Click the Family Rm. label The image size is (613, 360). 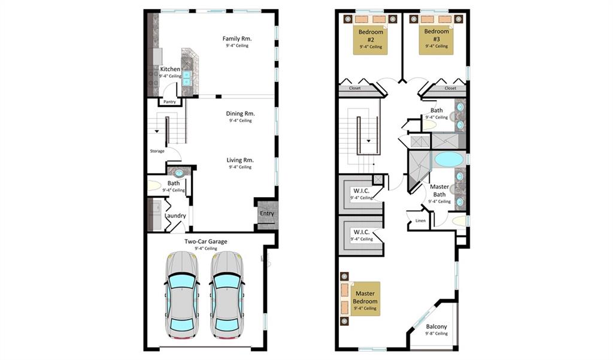pos(237,38)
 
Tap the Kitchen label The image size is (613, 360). pos(170,69)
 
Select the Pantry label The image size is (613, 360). pos(169,102)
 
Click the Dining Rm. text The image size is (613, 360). pos(241,113)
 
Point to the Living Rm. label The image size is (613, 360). pos(240,160)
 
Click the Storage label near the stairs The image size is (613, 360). pos(157,151)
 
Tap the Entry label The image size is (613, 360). pos(267,213)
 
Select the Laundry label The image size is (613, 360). pos(175,216)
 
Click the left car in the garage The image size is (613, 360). pos(182,295)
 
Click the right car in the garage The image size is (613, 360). pos(227,295)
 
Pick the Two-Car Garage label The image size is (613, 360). pos(206,241)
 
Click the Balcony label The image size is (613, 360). pos(436,326)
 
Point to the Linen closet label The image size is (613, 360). pos(420,220)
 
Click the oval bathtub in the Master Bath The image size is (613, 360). pos(448,159)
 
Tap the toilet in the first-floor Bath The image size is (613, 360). pos(154,186)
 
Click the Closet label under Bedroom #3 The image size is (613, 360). pos(450,88)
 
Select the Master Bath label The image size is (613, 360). pos(439,190)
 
